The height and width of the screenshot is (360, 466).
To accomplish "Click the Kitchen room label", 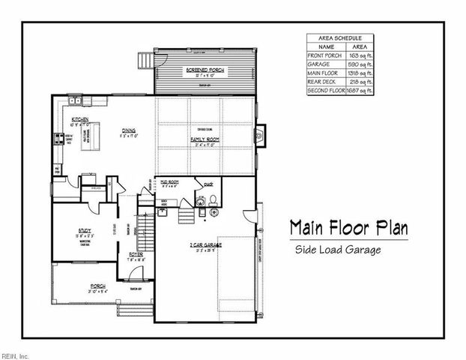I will pos(81,120).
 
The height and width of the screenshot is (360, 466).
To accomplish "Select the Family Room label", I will pos(202,139).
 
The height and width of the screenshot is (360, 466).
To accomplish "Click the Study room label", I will pos(84,231).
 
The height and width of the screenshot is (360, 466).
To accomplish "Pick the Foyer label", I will pos(136,253).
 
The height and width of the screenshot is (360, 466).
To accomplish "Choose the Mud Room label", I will pos(168,181).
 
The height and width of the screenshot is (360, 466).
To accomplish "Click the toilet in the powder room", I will pos(212,199).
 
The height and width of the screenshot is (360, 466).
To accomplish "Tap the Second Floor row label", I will pos(325,91).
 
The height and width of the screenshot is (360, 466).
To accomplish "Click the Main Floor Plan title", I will pos(348,227).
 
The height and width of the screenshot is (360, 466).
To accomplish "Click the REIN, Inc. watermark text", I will pos(14,354).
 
